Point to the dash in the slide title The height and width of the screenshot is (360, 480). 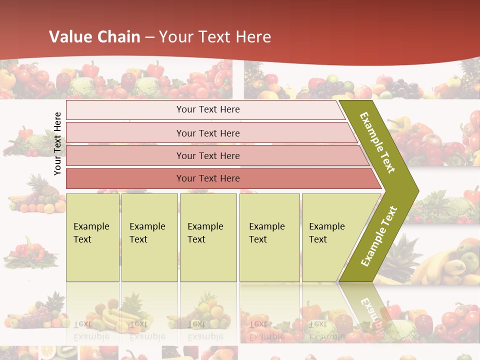click(x=150, y=37)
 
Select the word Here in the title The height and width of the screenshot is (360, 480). click(x=253, y=37)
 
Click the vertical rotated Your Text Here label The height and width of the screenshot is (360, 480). click(x=58, y=143)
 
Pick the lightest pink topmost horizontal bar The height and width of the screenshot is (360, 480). click(x=208, y=109)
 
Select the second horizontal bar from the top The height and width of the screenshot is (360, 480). click(x=208, y=133)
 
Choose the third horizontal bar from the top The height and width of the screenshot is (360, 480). click(x=208, y=155)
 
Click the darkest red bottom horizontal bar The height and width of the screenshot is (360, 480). click(x=208, y=178)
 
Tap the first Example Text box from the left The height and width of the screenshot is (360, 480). click(x=93, y=237)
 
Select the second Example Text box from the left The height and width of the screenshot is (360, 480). click(x=149, y=237)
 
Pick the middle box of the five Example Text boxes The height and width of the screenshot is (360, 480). click(x=208, y=237)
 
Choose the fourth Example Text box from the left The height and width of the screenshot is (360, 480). click(x=269, y=237)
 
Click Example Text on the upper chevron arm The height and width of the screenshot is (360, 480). click(x=378, y=142)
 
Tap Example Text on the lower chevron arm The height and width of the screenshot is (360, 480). click(x=378, y=236)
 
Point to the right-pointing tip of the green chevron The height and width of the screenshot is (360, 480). click(x=417, y=190)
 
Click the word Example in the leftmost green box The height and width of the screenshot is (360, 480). click(x=91, y=226)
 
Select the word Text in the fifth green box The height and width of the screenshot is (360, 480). click(x=318, y=239)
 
